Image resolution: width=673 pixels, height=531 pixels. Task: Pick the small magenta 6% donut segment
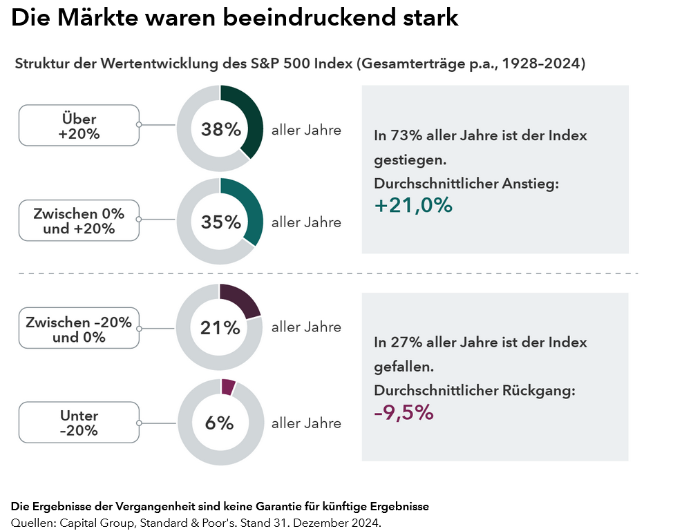[x=228, y=387]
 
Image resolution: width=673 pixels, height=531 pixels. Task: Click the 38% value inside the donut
[x=220, y=129]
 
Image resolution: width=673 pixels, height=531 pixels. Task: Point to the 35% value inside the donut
[x=220, y=222]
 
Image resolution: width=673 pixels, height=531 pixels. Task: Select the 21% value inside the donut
[x=220, y=327]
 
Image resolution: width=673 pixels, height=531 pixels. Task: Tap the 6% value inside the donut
[x=220, y=423]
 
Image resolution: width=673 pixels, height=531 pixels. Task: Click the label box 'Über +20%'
[x=79, y=126]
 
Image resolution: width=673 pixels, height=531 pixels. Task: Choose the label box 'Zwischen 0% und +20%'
[x=79, y=221]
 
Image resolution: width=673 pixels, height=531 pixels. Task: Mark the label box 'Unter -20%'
[x=79, y=423]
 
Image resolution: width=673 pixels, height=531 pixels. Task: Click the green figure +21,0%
[x=413, y=205]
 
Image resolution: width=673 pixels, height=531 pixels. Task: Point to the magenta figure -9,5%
[x=404, y=412]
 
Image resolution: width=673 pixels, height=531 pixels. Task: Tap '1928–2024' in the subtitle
[x=543, y=64]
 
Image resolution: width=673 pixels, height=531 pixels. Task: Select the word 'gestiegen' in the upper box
[x=408, y=160]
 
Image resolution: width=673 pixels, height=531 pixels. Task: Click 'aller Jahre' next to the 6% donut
[x=306, y=423]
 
